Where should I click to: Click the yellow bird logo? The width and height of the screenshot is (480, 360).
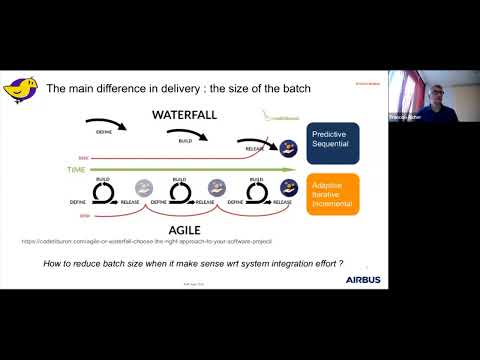(x=23, y=90)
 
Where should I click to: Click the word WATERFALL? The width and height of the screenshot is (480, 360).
(x=185, y=115)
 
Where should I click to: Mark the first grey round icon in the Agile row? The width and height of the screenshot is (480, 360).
(x=144, y=187)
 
